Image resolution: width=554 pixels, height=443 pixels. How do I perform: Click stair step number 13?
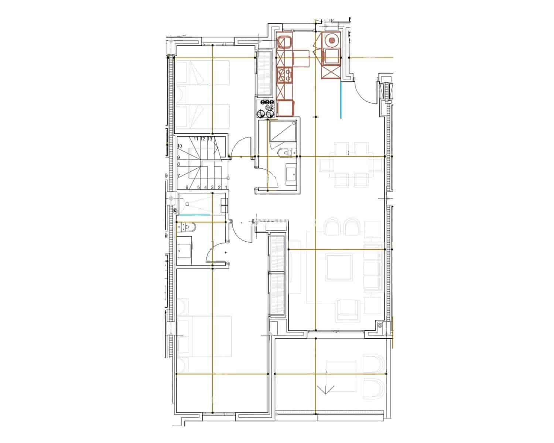pyautogui.click(x=210, y=139)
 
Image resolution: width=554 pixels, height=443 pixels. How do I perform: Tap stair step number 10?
pyautogui.click(x=180, y=146)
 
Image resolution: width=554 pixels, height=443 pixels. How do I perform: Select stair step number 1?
pyautogui.click(x=226, y=187)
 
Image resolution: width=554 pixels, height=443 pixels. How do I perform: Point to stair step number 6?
pyautogui.click(x=187, y=187)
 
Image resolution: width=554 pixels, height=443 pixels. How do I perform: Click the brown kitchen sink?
pyautogui.click(x=285, y=42)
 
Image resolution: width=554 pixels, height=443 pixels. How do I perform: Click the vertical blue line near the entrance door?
pyautogui.click(x=341, y=100)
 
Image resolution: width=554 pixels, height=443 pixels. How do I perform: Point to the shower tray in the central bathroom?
pyautogui.click(x=283, y=131)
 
